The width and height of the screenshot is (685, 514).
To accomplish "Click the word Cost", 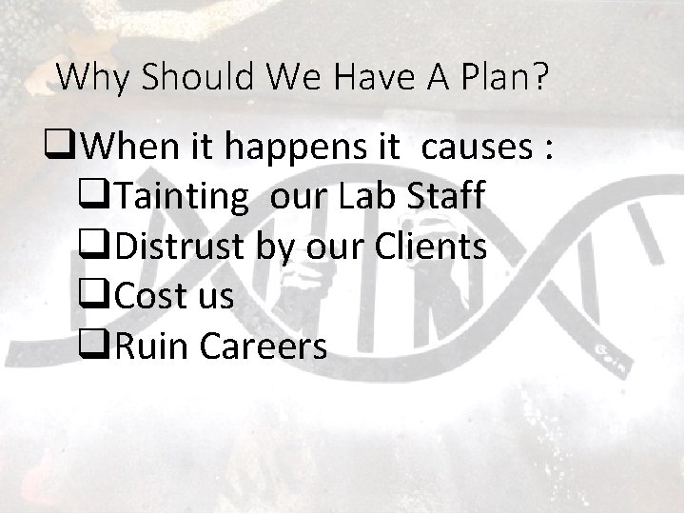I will point(147,297).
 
